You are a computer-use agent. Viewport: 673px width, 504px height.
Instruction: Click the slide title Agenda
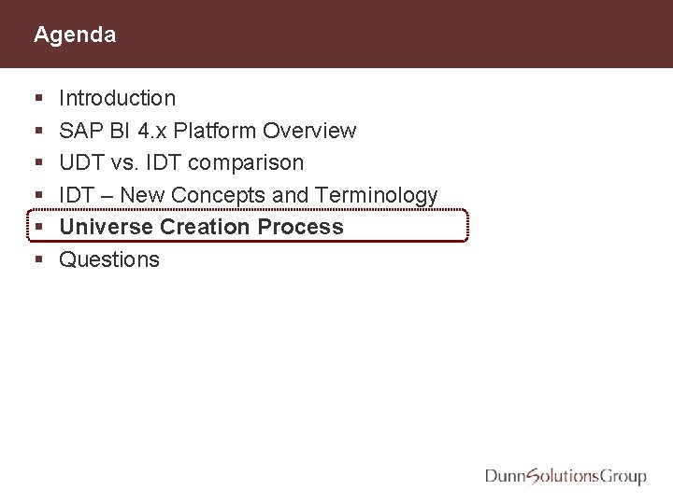point(75,35)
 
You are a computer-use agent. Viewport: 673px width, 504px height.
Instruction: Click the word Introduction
point(117,98)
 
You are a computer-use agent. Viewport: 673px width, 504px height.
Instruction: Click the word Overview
point(309,131)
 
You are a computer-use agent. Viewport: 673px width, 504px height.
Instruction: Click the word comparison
point(246,163)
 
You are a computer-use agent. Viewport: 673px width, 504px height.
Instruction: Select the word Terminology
point(377,195)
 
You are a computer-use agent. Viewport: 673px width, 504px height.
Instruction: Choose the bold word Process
point(301,227)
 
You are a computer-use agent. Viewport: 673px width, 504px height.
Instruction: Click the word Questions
point(109,259)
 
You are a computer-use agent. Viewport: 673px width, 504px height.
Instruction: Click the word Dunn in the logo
point(506,477)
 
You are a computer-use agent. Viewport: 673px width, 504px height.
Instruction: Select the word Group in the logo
point(623,478)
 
